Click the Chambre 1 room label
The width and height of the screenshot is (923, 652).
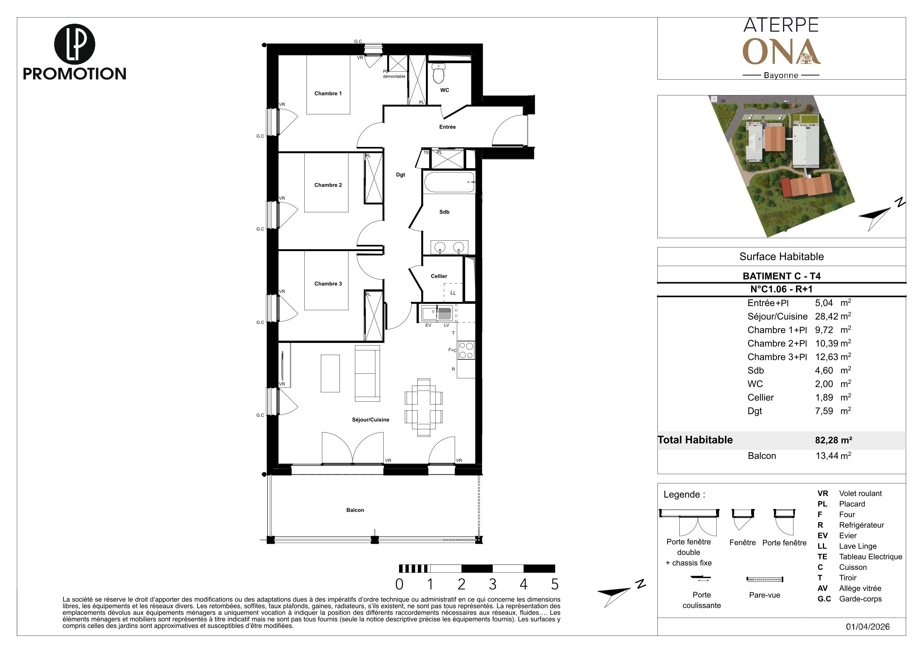coord(328,94)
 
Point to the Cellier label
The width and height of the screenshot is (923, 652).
coord(439,277)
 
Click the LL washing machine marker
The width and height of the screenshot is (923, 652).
coord(453,293)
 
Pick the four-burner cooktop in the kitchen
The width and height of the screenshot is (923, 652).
coord(466,350)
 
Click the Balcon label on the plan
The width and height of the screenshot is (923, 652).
coord(355,510)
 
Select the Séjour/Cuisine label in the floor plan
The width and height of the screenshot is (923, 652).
coord(371,420)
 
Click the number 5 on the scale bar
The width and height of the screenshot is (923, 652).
coord(555,584)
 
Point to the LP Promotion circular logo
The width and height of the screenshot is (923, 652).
coord(74,44)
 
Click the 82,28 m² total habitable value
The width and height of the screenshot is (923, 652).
coord(833,440)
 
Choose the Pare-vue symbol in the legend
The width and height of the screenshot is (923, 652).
coord(765,580)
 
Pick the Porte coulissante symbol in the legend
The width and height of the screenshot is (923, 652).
coord(701,578)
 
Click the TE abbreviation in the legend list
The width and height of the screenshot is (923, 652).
coord(822,557)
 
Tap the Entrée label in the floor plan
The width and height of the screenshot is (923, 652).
coord(448,127)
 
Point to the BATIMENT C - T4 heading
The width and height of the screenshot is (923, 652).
coord(782,276)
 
